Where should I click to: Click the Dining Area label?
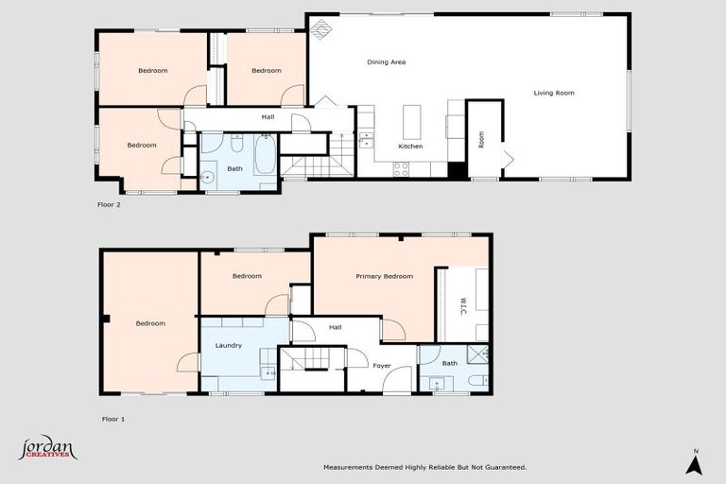click(x=386, y=62)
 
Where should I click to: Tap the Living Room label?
click(x=554, y=93)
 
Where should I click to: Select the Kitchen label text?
click(x=410, y=147)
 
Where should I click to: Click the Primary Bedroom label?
click(x=384, y=276)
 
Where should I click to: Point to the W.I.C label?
click(x=463, y=305)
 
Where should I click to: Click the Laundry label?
click(x=229, y=345)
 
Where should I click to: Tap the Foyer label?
click(x=382, y=365)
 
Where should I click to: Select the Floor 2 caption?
click(x=110, y=203)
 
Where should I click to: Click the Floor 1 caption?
click(x=113, y=417)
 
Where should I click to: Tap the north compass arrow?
click(x=693, y=463)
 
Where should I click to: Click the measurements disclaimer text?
click(x=424, y=467)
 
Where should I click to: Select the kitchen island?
click(x=410, y=122)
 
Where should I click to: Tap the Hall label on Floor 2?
click(x=268, y=117)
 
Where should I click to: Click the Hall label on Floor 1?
click(x=335, y=327)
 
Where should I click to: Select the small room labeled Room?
click(x=482, y=139)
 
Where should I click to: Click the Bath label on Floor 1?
click(x=450, y=363)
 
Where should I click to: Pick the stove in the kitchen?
click(x=401, y=170)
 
